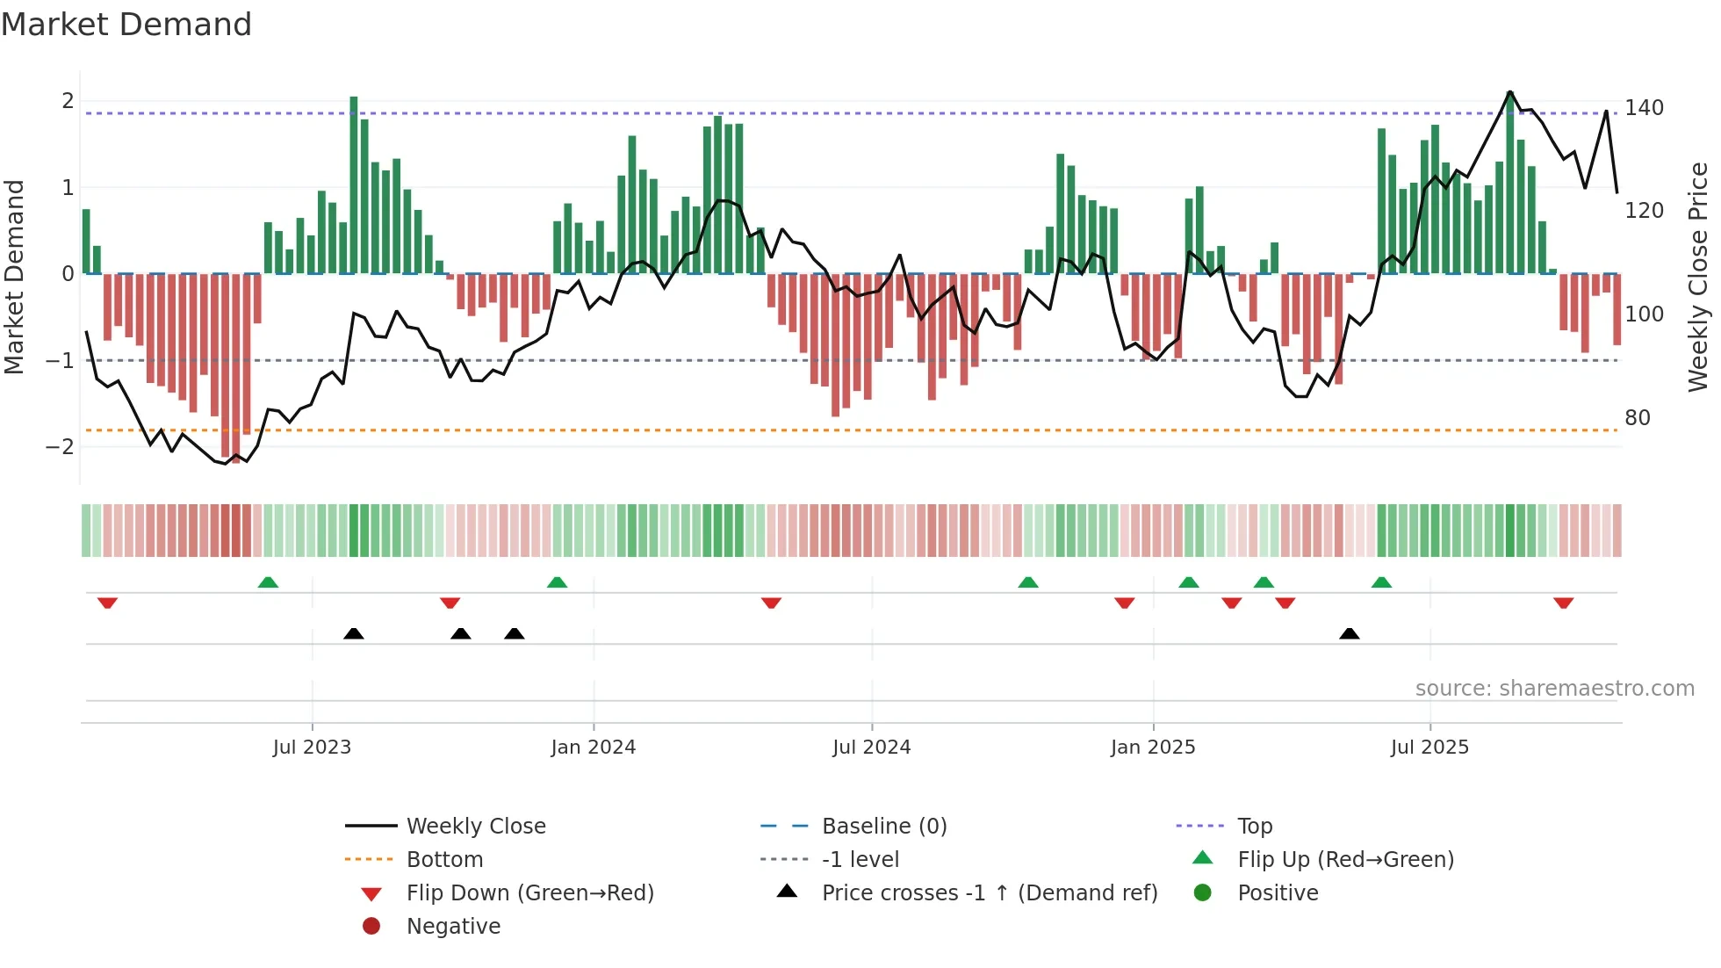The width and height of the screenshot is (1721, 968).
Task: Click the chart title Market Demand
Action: pyautogui.click(x=126, y=25)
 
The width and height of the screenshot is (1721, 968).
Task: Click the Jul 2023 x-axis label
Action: pyautogui.click(x=312, y=748)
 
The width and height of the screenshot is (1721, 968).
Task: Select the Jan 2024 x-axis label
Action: pyautogui.click(x=593, y=748)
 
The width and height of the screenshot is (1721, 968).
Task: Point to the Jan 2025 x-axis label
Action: pyautogui.click(x=1152, y=748)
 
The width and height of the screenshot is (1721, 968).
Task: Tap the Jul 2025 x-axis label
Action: pyautogui.click(x=1429, y=748)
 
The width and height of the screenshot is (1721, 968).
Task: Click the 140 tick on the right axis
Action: pyautogui.click(x=1644, y=108)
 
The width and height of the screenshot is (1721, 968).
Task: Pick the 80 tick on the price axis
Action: pyautogui.click(x=1637, y=418)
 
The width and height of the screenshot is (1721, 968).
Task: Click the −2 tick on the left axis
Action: pyautogui.click(x=60, y=447)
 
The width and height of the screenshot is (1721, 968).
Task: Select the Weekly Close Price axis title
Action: pyautogui.click(x=1698, y=277)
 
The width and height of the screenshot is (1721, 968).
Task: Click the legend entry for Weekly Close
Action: pyautogui.click(x=475, y=827)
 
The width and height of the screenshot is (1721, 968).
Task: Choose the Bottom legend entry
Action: pyautogui.click(x=444, y=860)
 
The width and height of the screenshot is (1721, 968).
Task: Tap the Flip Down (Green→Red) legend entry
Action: pyautogui.click(x=529, y=893)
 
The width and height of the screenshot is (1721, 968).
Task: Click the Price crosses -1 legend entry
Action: pyautogui.click(x=989, y=893)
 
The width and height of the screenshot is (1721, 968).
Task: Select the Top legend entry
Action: pyautogui.click(x=1254, y=827)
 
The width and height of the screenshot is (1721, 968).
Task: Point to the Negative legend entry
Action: pyautogui.click(x=453, y=927)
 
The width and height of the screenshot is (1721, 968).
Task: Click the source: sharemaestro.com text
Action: pyautogui.click(x=1554, y=689)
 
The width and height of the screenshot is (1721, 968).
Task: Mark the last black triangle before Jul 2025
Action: pyautogui.click(x=1350, y=633)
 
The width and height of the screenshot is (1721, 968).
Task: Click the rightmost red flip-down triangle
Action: pyautogui.click(x=1563, y=603)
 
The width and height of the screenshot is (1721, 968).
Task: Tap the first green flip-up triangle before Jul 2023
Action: pyautogui.click(x=268, y=582)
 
